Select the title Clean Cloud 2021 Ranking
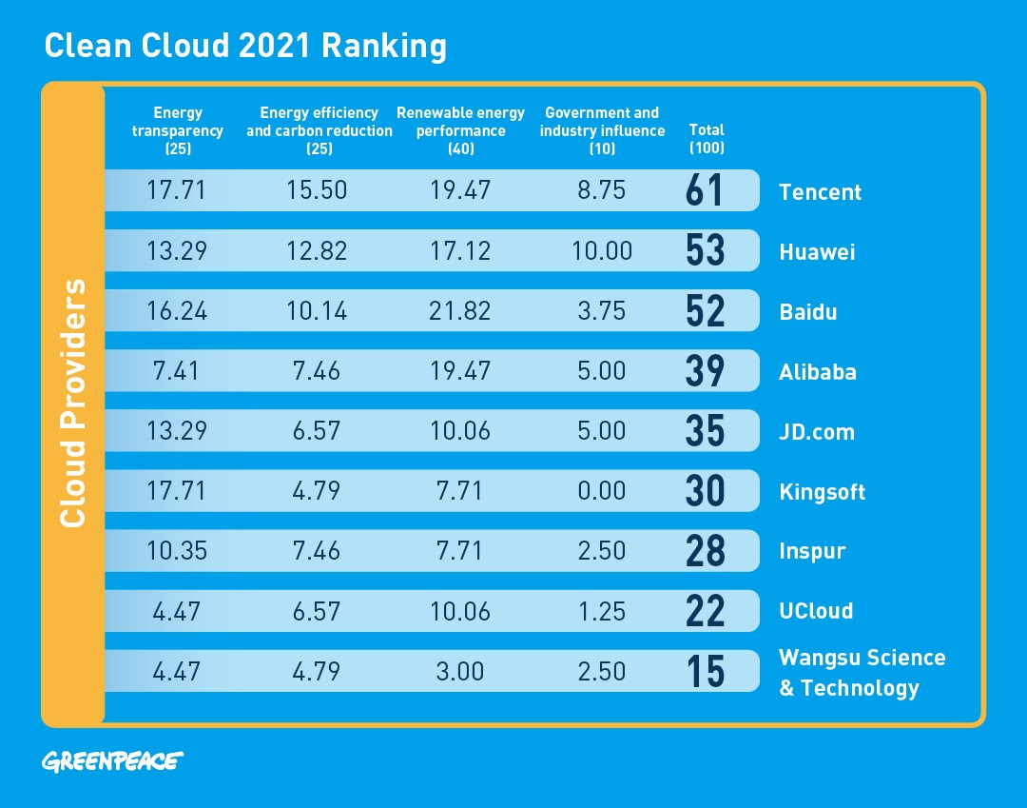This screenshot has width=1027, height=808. coord(245,47)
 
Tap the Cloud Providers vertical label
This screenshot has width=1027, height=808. coord(73,403)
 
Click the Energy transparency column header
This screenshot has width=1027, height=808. coord(178,130)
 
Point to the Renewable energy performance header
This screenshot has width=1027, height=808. coord(461,130)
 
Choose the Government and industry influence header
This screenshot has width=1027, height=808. coord(602,130)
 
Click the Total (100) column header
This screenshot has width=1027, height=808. coord(706,138)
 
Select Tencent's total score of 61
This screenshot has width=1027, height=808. coord(705,190)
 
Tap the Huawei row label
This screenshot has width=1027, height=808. coord(817,252)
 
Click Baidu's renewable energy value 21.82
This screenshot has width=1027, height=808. coord(460,311)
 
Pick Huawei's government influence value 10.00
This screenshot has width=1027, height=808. coord(601,251)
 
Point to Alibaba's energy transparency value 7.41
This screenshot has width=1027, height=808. coord(177,371)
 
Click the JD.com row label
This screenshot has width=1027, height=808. coord(817,432)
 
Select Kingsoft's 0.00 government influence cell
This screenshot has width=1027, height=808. coord(601,491)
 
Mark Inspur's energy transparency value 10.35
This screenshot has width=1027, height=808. coord(177,551)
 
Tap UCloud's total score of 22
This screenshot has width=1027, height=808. coord(705,611)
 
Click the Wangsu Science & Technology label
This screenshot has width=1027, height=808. coord(862,673)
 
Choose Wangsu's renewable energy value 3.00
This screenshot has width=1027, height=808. coord(460,671)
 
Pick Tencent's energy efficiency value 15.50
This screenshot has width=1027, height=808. coord(318,190)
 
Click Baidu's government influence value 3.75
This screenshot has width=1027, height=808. coord(601,311)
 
